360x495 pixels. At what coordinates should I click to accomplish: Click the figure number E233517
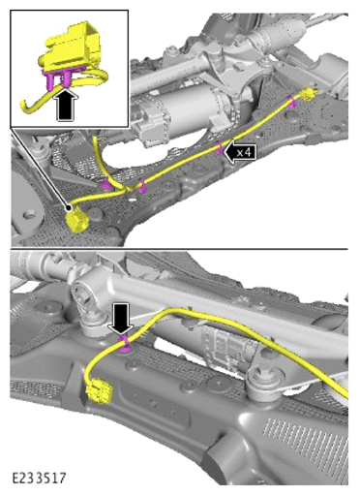39,478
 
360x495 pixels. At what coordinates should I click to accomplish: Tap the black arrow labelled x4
240,151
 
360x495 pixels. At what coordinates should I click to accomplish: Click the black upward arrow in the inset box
67,105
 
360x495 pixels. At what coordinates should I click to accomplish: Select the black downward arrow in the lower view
122,319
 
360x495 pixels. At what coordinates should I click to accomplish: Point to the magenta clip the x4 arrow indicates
220,147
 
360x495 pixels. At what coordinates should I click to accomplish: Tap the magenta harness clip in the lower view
124,345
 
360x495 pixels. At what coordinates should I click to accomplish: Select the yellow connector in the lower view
98,390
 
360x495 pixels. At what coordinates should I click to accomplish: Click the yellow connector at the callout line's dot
77,222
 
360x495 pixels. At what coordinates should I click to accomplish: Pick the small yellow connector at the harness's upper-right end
309,94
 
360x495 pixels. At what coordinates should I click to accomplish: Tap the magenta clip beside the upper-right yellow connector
292,101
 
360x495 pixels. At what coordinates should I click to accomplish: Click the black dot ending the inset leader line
69,207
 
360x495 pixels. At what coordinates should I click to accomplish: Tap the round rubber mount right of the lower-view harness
263,381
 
